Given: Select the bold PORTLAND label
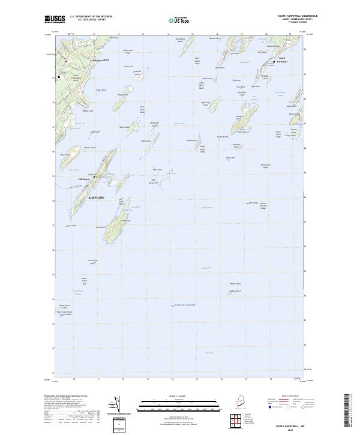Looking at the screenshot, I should [x=97, y=197].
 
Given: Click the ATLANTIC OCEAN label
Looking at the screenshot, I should [x=183, y=305].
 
